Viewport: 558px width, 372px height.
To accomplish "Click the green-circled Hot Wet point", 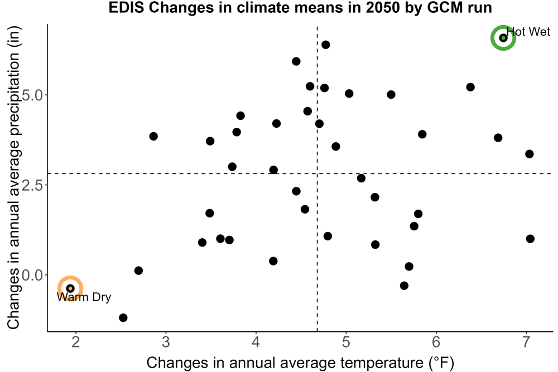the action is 503,38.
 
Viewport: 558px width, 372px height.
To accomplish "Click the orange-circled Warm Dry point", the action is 70,288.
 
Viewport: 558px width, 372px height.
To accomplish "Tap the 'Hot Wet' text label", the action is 528,32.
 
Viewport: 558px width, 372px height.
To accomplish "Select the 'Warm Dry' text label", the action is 84,297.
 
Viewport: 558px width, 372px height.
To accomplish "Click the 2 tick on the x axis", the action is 75,342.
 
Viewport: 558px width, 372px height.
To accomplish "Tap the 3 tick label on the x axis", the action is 166,342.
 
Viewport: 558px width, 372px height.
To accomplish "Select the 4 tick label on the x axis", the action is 256,342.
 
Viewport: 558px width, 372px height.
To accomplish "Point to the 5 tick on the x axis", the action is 346,342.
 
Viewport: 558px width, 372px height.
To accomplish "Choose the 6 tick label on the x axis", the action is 436,342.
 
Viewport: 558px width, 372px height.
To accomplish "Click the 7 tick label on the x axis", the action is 526,342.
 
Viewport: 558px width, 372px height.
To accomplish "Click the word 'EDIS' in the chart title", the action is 126,7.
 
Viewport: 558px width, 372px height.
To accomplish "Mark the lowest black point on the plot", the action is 123,317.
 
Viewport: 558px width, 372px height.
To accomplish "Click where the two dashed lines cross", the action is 317,173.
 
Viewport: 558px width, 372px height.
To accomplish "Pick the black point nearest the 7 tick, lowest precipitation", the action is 530,239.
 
